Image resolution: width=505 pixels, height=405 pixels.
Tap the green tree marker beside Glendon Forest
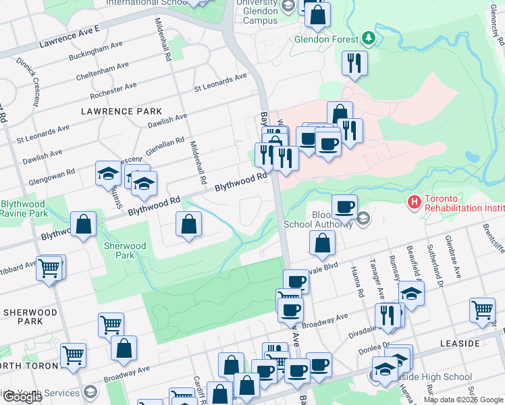[x=368, y=36]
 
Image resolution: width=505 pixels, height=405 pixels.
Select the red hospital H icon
[x=414, y=201]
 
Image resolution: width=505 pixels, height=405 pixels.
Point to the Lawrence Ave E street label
[x=69, y=37]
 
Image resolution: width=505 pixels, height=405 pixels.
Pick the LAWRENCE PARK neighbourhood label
[x=122, y=111]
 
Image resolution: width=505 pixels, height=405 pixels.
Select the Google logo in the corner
[x=22, y=397]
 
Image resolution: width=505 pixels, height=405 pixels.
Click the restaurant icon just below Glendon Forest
[x=354, y=63]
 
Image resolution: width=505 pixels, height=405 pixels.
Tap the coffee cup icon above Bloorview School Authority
[x=344, y=206]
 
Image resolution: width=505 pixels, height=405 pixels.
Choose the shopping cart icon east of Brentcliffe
[x=482, y=310]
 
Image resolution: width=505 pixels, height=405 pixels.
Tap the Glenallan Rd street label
[x=164, y=145]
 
